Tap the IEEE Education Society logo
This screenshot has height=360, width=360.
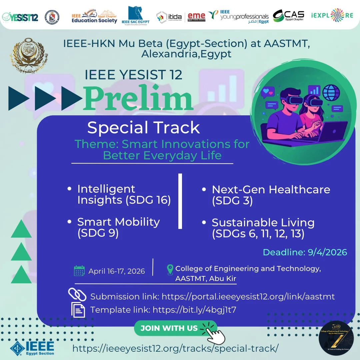pyautogui.click(x=94, y=17)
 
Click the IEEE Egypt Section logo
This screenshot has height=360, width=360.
pyautogui.click(x=32, y=348)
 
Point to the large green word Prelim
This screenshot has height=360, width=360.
pyautogui.click(x=138, y=98)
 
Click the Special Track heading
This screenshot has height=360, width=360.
pyautogui.click(x=143, y=128)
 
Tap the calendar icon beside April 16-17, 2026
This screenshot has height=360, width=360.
pyautogui.click(x=79, y=271)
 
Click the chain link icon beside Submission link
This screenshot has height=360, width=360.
pyautogui.click(x=77, y=295)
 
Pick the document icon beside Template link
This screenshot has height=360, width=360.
pyautogui.click(x=78, y=309)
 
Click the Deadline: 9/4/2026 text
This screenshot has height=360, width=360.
pyautogui.click(x=305, y=252)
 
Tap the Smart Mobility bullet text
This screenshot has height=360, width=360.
pyautogui.click(x=118, y=228)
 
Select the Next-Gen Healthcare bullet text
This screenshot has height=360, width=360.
pyautogui.click(x=271, y=195)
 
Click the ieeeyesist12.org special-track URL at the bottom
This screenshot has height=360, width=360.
pyautogui.click(x=175, y=348)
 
